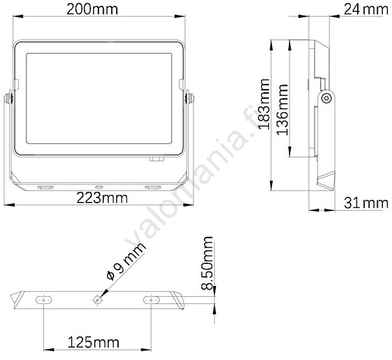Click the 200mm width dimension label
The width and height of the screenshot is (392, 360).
[92, 10]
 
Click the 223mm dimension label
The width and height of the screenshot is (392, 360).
[102, 197]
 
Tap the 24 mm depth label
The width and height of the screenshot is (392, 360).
[366, 10]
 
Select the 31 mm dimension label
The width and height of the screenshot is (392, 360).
[366, 203]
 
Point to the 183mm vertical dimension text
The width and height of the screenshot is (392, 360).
[264, 104]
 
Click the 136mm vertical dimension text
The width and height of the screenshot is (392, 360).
[282, 110]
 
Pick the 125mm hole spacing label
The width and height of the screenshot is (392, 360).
[93, 342]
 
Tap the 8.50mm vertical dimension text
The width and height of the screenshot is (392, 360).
[207, 263]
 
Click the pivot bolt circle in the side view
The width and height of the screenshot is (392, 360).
[326, 98]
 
